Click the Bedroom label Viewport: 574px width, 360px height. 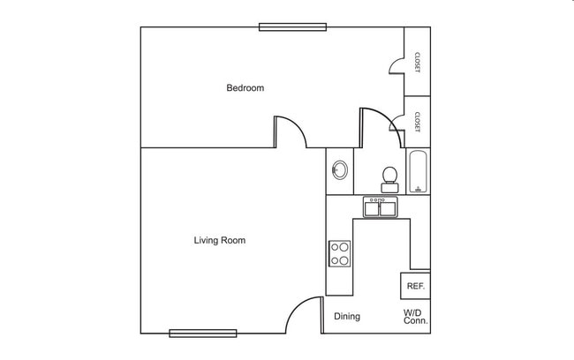tap(245, 88)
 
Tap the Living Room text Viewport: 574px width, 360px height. tap(219, 240)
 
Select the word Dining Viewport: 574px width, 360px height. tap(346, 317)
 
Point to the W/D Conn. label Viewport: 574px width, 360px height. tap(415, 317)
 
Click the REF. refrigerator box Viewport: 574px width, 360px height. tap(415, 286)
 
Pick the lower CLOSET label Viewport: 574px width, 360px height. tap(417, 121)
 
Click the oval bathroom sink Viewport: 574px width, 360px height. tap(340, 170)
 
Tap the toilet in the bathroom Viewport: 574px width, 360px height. tap(389, 179)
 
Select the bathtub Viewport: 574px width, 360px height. tap(419, 172)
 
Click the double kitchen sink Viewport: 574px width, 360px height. tap(381, 209)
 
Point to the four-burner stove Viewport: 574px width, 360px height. tap(340, 254)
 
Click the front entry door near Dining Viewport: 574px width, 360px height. tap(307, 313)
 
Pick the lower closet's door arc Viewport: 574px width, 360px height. tap(397, 124)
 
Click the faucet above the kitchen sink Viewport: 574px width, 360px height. tap(381, 200)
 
